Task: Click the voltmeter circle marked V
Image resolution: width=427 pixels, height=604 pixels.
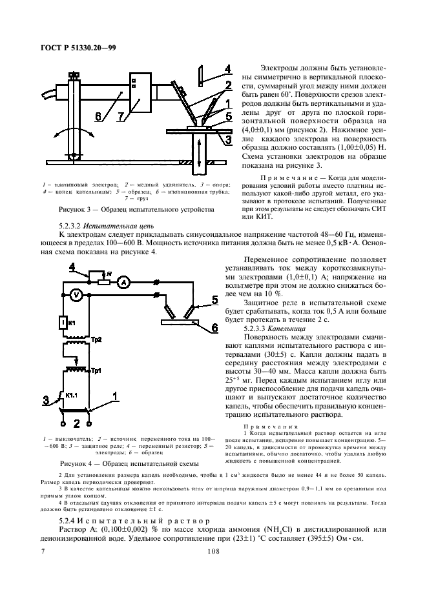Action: (75, 295)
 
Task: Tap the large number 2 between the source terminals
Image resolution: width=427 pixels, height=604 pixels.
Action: (76, 423)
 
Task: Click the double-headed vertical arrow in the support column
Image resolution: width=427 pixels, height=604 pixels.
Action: (198, 159)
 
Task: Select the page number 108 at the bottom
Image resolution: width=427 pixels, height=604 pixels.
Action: (214, 551)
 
